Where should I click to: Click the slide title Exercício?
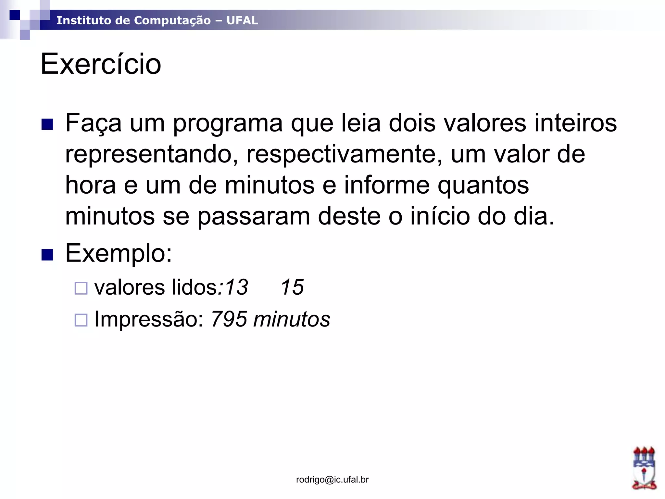[x=101, y=64]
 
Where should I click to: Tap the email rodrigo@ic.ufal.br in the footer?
[x=332, y=480]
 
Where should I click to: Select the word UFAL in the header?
[x=242, y=20]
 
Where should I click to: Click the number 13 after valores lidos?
[x=236, y=287]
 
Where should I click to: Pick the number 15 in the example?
[x=292, y=287]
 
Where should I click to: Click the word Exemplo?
[x=119, y=253]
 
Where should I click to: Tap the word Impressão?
[x=149, y=319]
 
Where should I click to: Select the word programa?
[x=228, y=123]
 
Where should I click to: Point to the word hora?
[x=91, y=185]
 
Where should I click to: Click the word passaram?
[x=254, y=216]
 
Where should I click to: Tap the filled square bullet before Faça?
[x=47, y=124]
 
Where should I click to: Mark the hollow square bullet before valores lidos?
[x=81, y=288]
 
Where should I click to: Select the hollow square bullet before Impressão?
[x=81, y=320]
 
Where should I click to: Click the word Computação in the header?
[x=172, y=20]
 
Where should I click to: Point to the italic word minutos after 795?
[x=292, y=319]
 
